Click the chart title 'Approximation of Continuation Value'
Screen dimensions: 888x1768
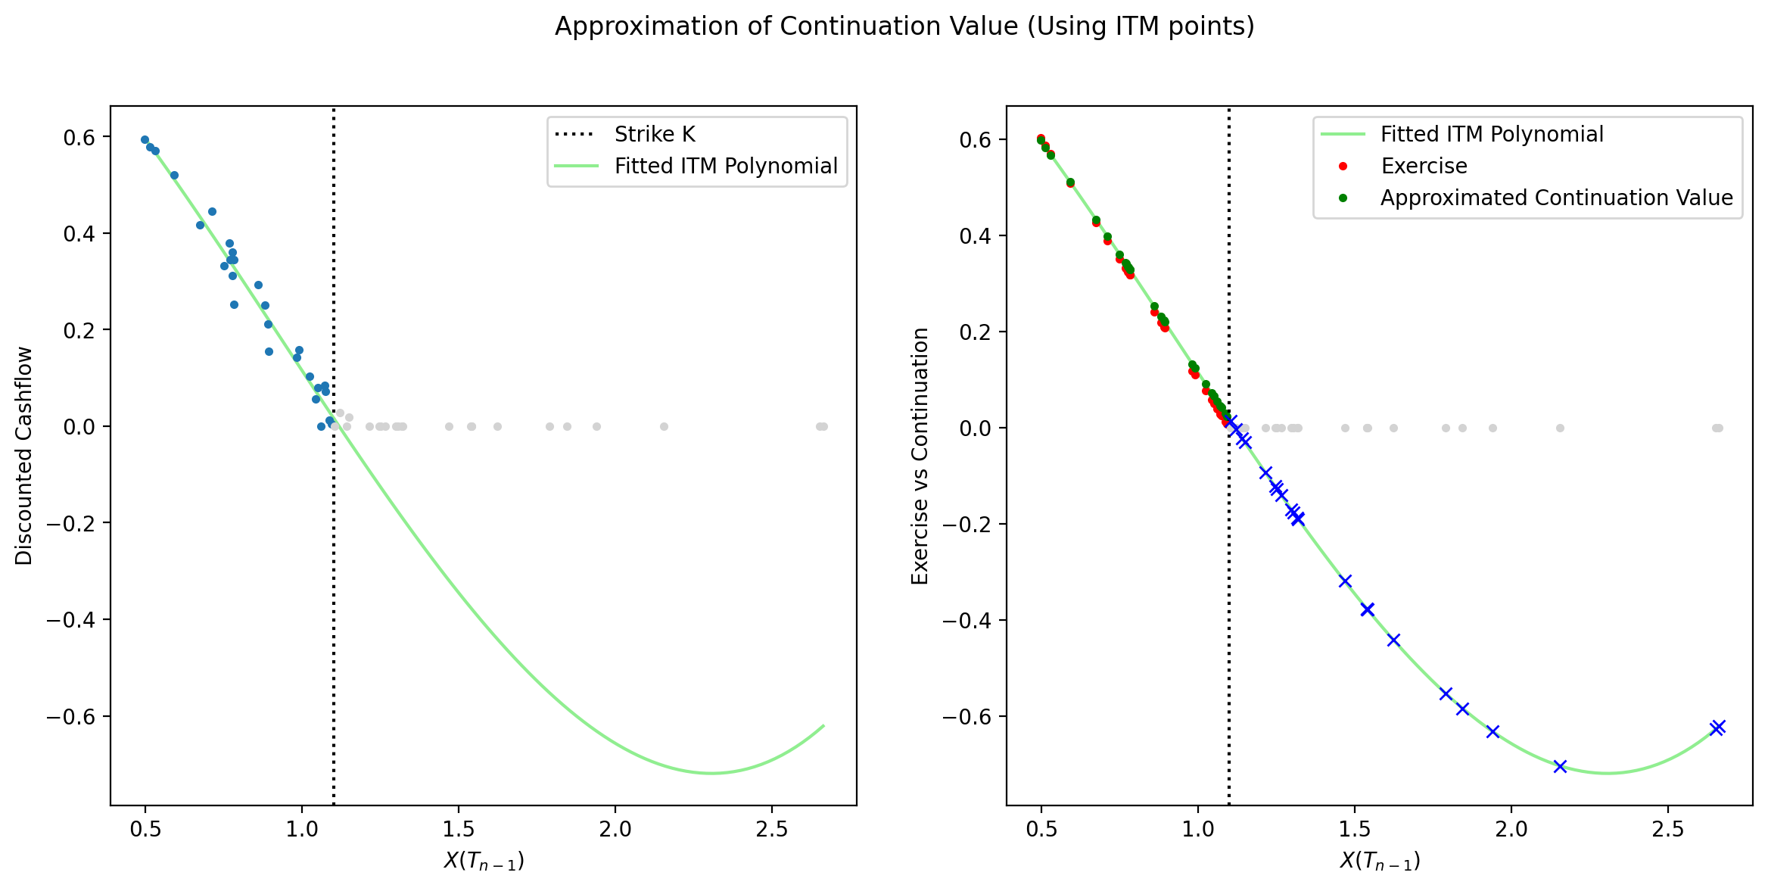click(904, 26)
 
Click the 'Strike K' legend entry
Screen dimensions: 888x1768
click(654, 135)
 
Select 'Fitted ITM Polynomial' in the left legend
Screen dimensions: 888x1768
click(725, 167)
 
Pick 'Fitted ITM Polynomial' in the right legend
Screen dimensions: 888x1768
click(1491, 135)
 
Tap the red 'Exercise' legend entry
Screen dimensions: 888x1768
click(1423, 167)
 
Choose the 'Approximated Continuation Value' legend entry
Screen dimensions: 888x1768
click(1556, 198)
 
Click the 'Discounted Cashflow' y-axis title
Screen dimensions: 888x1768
click(24, 456)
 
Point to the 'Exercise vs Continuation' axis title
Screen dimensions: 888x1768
click(920, 456)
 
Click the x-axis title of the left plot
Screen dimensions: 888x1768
click(484, 861)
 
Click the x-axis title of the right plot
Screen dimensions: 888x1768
click(1380, 861)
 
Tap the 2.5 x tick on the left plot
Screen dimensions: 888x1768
click(772, 830)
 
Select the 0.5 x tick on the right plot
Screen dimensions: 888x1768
click(1041, 830)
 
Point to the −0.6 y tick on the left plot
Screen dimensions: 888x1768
click(71, 717)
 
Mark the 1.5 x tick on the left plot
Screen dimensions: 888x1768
click(459, 830)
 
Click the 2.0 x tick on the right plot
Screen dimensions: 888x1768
click(1511, 830)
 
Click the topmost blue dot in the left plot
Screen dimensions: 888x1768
click(145, 140)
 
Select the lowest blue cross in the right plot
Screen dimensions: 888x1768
click(1560, 766)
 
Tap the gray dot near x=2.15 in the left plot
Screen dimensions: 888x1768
click(664, 427)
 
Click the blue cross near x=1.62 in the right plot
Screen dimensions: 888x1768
click(1393, 640)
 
